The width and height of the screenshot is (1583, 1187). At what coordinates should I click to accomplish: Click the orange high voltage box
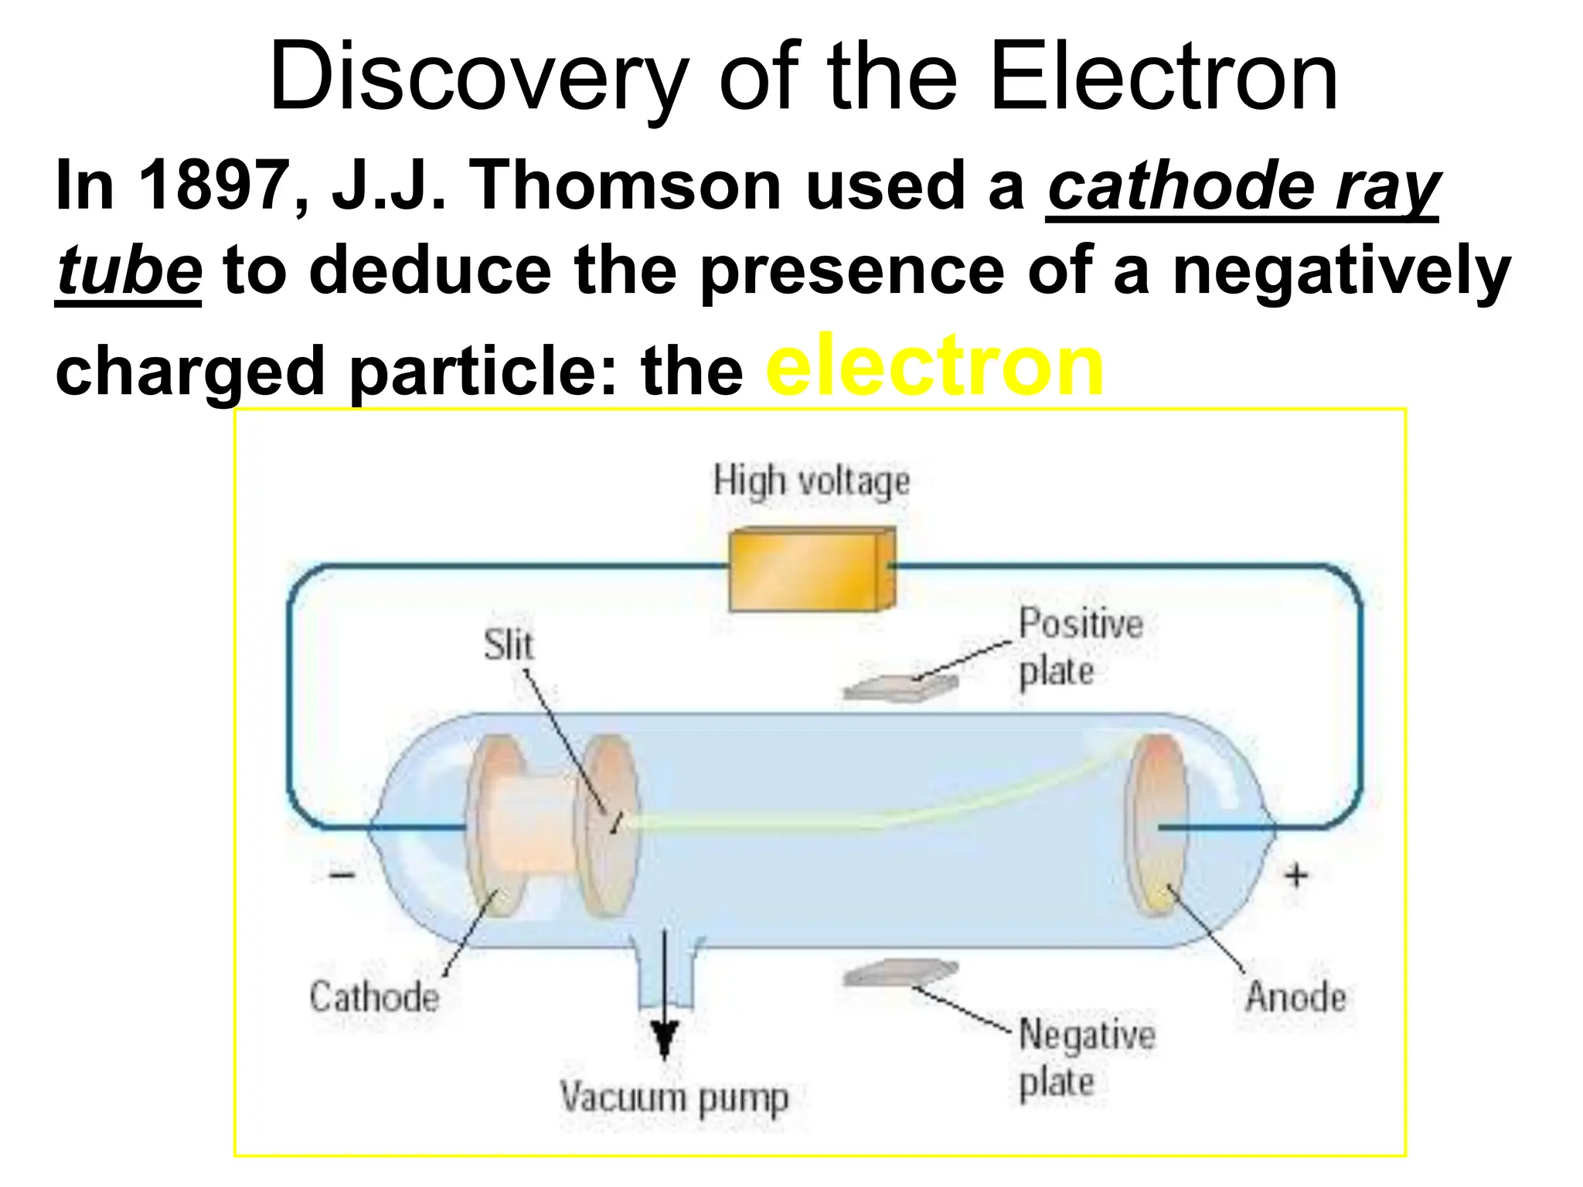point(812,569)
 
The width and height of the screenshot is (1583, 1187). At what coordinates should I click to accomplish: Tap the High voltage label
point(811,481)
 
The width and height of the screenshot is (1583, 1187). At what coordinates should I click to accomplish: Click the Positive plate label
point(1079,646)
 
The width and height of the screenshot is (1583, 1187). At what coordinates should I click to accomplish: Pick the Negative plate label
point(1086,1057)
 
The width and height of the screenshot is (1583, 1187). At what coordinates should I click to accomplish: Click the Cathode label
point(374,996)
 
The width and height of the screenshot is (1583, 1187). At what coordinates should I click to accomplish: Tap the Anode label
point(1295,996)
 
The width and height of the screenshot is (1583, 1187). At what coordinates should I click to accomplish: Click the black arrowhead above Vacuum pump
point(664,1039)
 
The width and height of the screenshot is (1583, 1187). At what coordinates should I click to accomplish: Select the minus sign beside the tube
point(342,875)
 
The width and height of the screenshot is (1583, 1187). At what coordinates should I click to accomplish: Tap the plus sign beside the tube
point(1296,875)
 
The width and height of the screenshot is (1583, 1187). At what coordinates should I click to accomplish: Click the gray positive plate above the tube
point(901,686)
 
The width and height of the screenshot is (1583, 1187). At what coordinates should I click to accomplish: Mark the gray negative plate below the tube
point(901,973)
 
